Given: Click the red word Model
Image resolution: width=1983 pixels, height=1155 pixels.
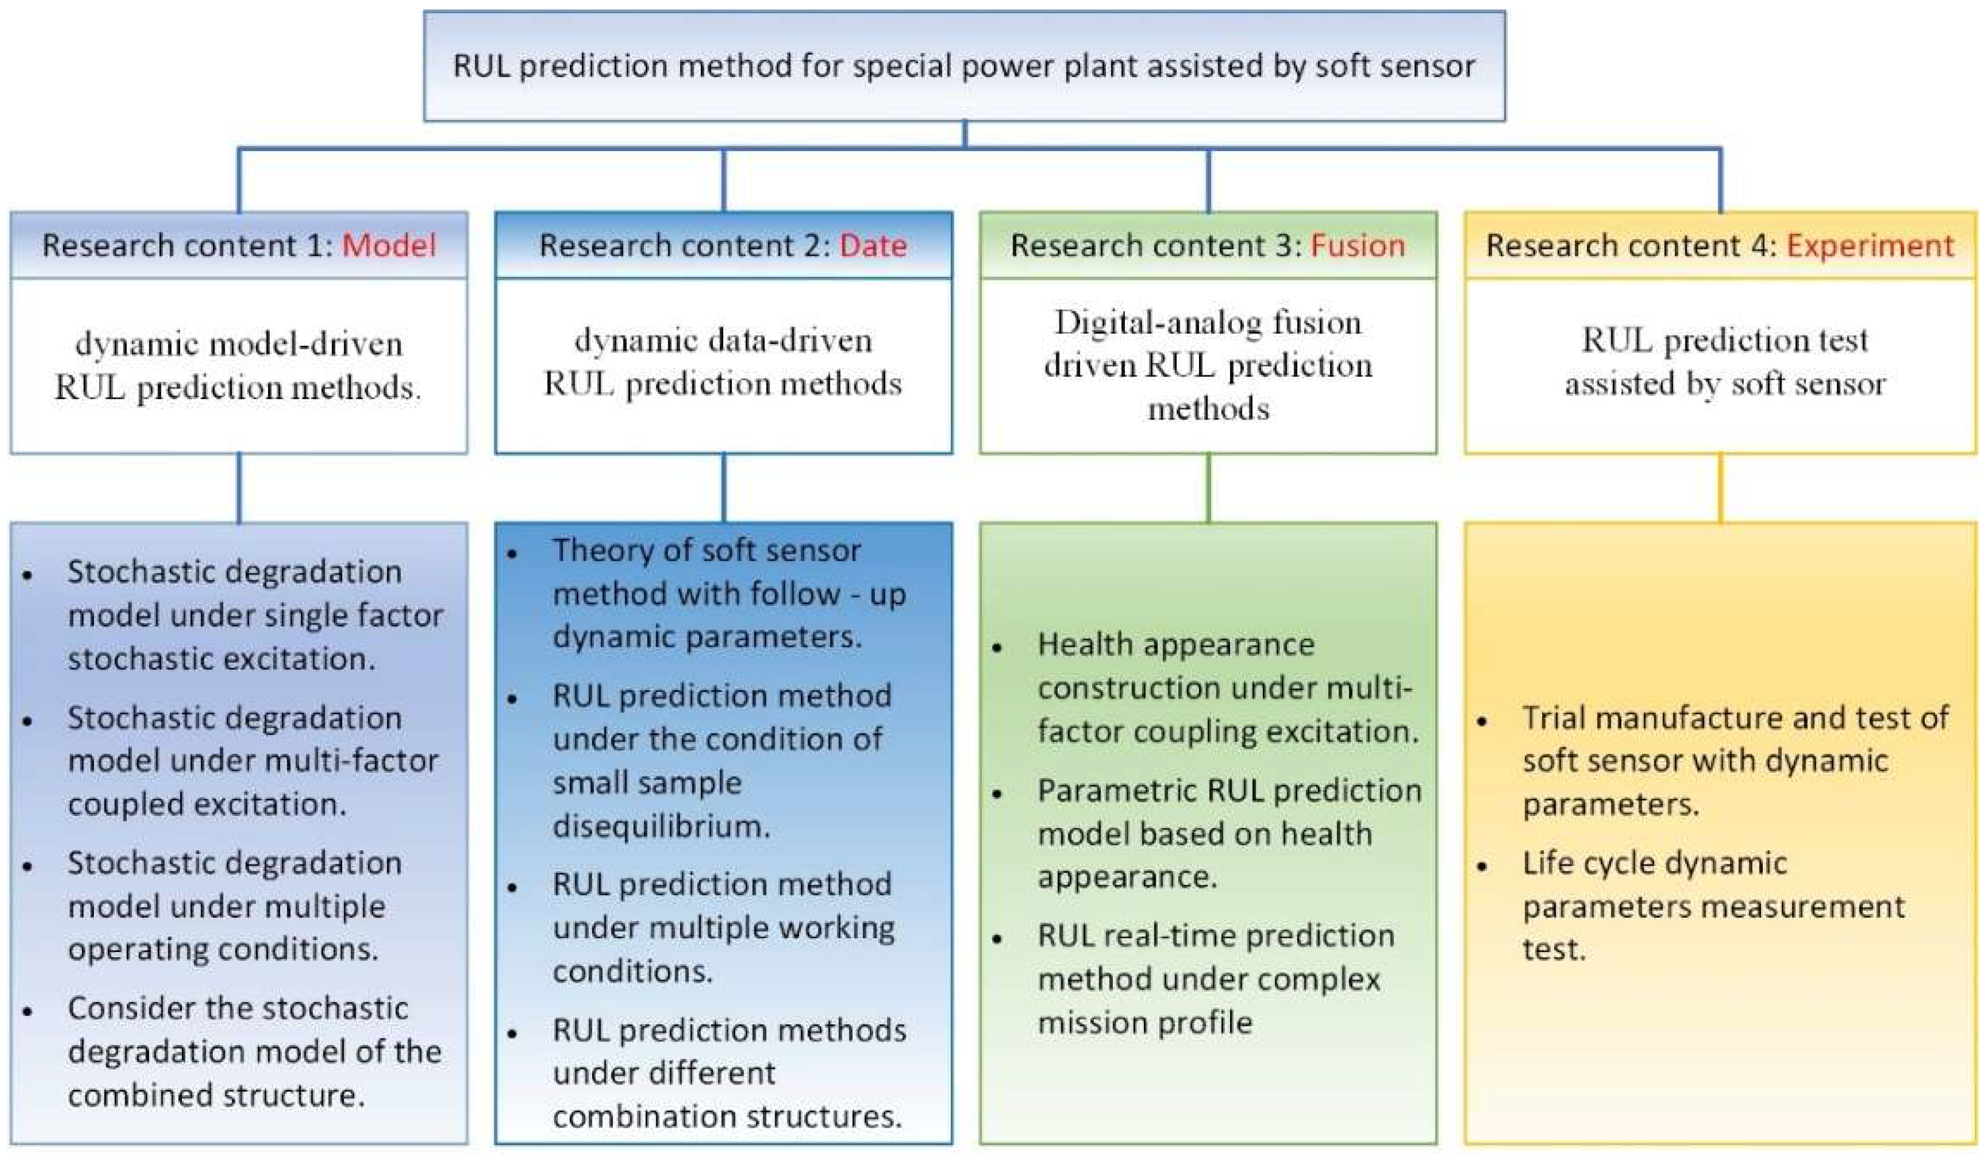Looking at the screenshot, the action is click(x=389, y=246).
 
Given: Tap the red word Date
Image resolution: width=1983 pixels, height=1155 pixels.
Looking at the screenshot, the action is click(x=874, y=246).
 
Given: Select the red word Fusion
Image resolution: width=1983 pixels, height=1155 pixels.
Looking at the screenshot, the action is click(x=1357, y=246).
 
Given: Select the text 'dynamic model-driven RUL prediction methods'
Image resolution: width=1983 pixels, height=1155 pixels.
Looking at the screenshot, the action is click(x=239, y=365).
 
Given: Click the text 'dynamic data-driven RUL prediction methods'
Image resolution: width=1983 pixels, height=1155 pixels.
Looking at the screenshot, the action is click(x=723, y=362).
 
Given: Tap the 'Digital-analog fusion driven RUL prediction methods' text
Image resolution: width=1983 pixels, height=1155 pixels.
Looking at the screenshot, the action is click(x=1208, y=365).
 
